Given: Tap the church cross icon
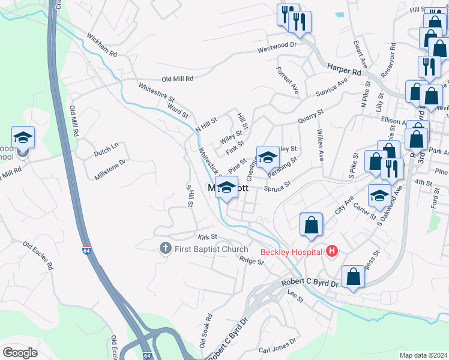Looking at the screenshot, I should (x=166, y=247).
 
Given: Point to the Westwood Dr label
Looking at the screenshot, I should (x=277, y=46).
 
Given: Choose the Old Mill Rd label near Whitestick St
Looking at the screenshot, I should (x=177, y=79).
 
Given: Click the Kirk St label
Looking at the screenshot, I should (x=208, y=238).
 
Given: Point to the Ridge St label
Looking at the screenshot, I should (x=252, y=260).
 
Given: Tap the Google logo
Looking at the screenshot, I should (x=20, y=352).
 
